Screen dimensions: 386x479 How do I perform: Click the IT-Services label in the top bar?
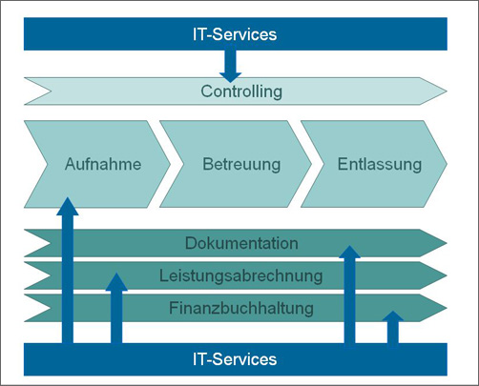tap(235, 35)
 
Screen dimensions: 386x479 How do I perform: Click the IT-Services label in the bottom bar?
tap(235, 359)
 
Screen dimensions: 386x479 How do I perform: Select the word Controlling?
tap(241, 91)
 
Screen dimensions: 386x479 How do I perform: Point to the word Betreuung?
tap(241, 164)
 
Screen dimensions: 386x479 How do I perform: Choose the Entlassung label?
tap(379, 164)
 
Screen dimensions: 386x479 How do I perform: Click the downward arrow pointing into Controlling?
tap(230, 68)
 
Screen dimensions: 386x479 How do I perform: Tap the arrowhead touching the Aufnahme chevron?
tap(67, 204)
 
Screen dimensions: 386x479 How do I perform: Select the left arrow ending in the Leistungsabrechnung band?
tap(116, 283)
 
